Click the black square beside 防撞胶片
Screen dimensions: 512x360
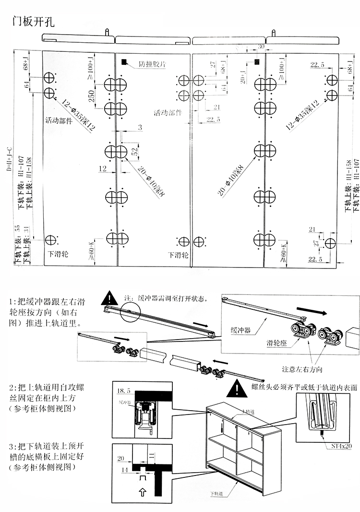[x=125, y=62]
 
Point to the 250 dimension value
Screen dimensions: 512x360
[x=91, y=96]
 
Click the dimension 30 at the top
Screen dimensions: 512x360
[x=261, y=47]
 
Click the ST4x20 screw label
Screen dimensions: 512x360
[x=341, y=445]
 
